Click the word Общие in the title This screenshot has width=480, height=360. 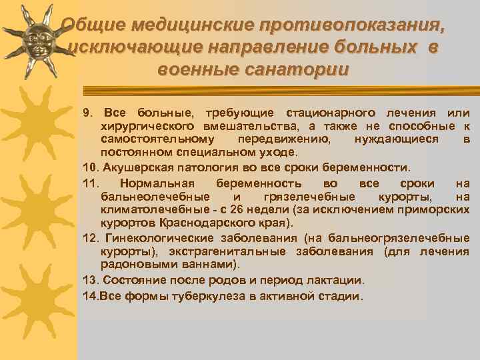click(93, 25)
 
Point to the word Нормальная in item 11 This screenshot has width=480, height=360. click(155, 183)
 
